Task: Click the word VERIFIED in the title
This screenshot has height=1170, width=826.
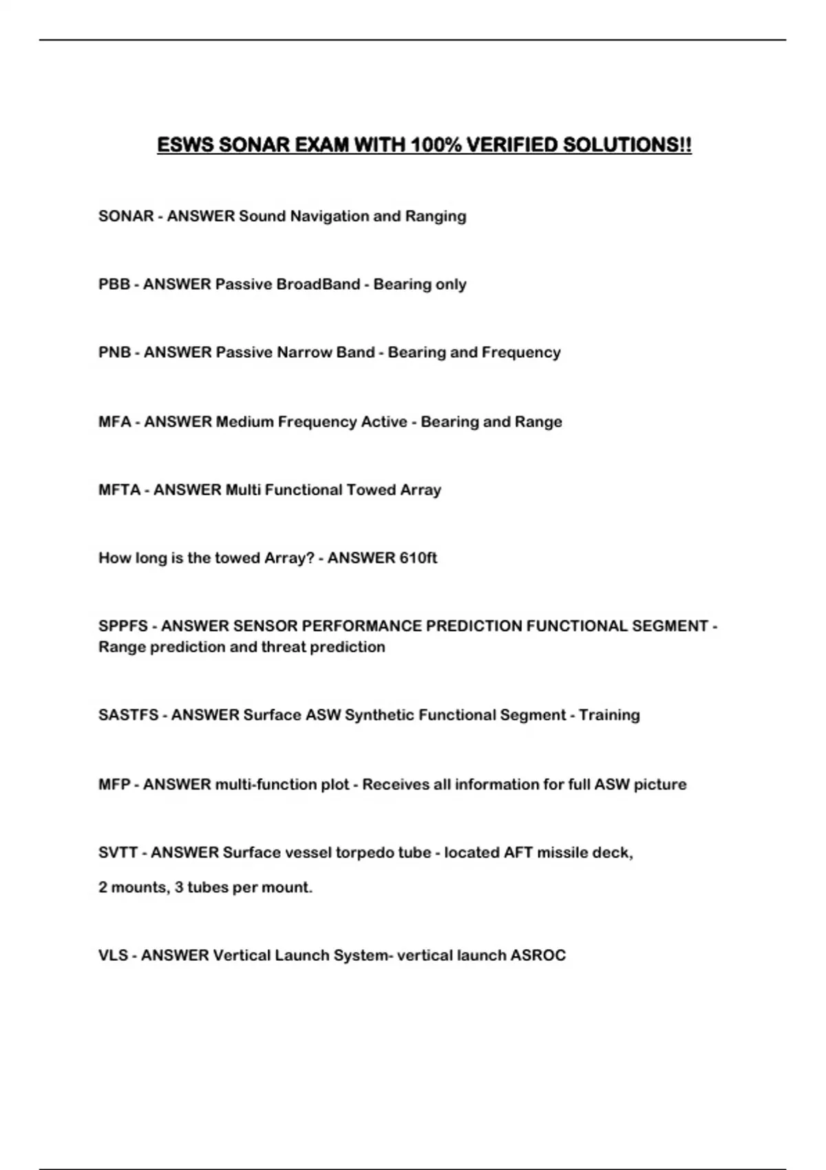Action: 511,145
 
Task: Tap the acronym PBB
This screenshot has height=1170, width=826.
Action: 114,284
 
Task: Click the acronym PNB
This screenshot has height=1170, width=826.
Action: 114,352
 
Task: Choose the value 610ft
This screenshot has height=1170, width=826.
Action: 417,558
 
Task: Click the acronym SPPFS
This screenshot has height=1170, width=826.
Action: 123,626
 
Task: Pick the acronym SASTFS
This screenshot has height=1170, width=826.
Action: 128,715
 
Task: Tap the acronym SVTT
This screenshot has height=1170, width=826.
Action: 118,853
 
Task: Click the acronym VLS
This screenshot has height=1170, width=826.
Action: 113,956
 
